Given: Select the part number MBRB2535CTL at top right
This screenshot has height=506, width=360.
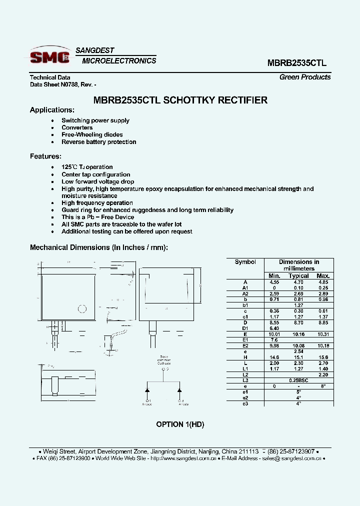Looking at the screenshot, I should pyautogui.click(x=297, y=63).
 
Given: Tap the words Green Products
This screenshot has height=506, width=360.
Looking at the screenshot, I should pyautogui.click(x=305, y=77).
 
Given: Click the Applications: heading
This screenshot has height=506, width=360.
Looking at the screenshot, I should pyautogui.click(x=52, y=110).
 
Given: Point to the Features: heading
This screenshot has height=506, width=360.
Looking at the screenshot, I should pyautogui.click(x=46, y=156).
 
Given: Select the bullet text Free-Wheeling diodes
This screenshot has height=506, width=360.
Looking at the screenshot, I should pyautogui.click(x=92, y=134).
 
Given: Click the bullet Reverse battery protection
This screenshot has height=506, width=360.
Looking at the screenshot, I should pyautogui.click(x=98, y=142).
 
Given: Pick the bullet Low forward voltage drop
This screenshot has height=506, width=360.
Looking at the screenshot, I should pyautogui.click(x=97, y=181).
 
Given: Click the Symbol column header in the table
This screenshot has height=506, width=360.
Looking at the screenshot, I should pyautogui.click(x=245, y=262).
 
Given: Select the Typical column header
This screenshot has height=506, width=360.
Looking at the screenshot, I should pyautogui.click(x=298, y=275).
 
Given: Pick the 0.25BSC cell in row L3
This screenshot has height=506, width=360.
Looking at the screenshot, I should pyautogui.click(x=298, y=380).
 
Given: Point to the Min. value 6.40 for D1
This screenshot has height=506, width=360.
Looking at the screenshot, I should pyautogui.click(x=274, y=327).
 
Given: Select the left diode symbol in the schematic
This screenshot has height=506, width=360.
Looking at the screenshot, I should pyautogui.click(x=148, y=389).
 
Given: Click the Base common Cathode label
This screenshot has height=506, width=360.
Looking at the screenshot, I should pyautogui.click(x=164, y=360).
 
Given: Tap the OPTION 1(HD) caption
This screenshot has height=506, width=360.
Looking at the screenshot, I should pyautogui.click(x=180, y=424).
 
